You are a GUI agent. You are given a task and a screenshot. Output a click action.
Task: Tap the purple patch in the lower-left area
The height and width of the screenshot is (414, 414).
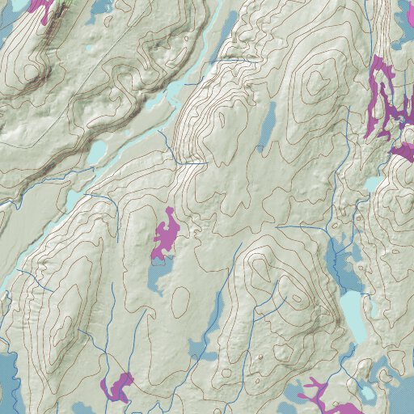pos(117,387)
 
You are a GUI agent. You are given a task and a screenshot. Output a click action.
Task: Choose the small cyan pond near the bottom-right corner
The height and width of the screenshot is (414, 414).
pos(366,393)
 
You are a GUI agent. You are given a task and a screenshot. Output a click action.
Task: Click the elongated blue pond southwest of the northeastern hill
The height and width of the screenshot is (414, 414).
pos(268,125)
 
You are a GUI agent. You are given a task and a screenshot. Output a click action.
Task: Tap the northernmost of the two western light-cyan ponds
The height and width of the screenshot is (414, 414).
pos(96,152)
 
